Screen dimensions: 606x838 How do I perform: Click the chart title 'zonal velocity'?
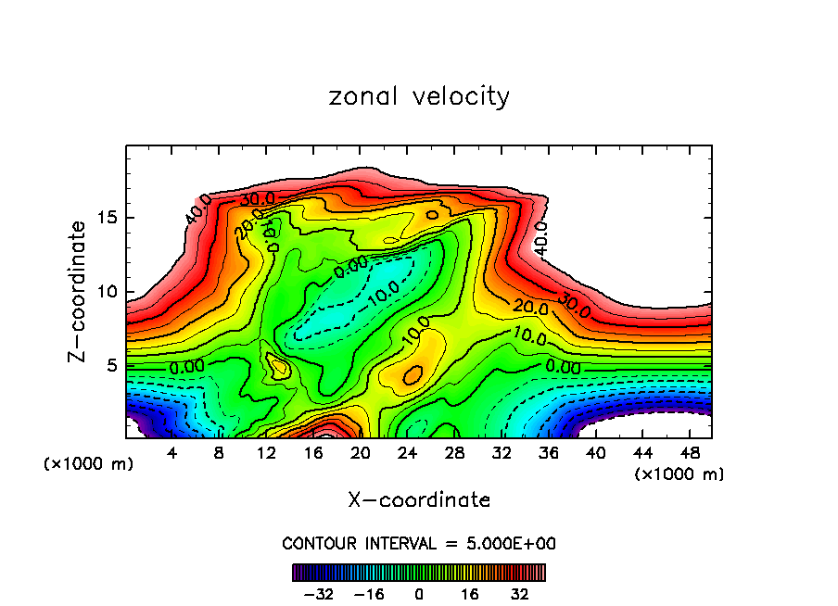[419, 96]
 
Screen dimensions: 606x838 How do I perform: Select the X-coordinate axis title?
[419, 499]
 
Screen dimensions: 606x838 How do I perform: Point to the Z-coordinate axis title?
[80, 291]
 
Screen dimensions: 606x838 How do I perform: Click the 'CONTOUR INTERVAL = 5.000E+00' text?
[419, 543]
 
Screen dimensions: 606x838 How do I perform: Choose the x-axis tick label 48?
[689, 453]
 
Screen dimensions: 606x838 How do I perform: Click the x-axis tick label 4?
[171, 453]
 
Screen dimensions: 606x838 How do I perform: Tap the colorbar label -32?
[317, 592]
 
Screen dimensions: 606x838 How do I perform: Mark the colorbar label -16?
[369, 592]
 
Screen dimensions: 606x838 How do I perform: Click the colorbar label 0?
[419, 592]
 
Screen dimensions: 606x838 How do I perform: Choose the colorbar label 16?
[469, 592]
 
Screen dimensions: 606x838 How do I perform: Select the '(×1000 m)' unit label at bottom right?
[679, 473]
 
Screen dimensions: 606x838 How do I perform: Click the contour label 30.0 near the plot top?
[257, 198]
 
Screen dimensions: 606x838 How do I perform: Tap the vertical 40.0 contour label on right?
[541, 237]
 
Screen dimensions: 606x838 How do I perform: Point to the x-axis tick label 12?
[266, 453]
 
